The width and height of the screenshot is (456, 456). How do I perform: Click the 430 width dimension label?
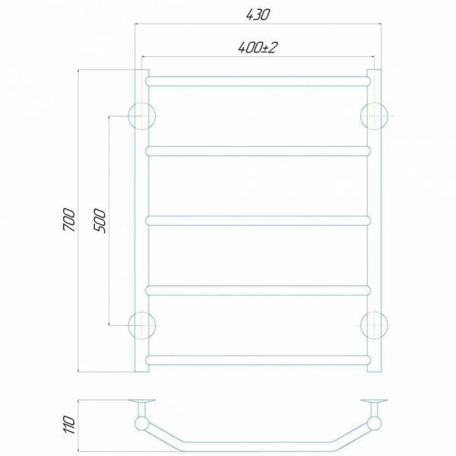[258, 14]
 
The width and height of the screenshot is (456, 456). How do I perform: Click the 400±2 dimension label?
[258, 47]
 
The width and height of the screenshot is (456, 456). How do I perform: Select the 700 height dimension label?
[69, 220]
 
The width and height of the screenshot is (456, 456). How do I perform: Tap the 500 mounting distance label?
[100, 220]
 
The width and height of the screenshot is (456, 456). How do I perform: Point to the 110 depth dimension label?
[69, 425]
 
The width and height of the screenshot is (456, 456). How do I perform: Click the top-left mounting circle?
[142, 116]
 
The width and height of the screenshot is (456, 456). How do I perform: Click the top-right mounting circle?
[374, 116]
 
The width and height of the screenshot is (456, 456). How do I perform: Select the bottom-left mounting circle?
[142, 325]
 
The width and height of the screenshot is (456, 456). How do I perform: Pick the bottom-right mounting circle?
[374, 325]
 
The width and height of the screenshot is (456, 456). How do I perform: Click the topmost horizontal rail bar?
[258, 81]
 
